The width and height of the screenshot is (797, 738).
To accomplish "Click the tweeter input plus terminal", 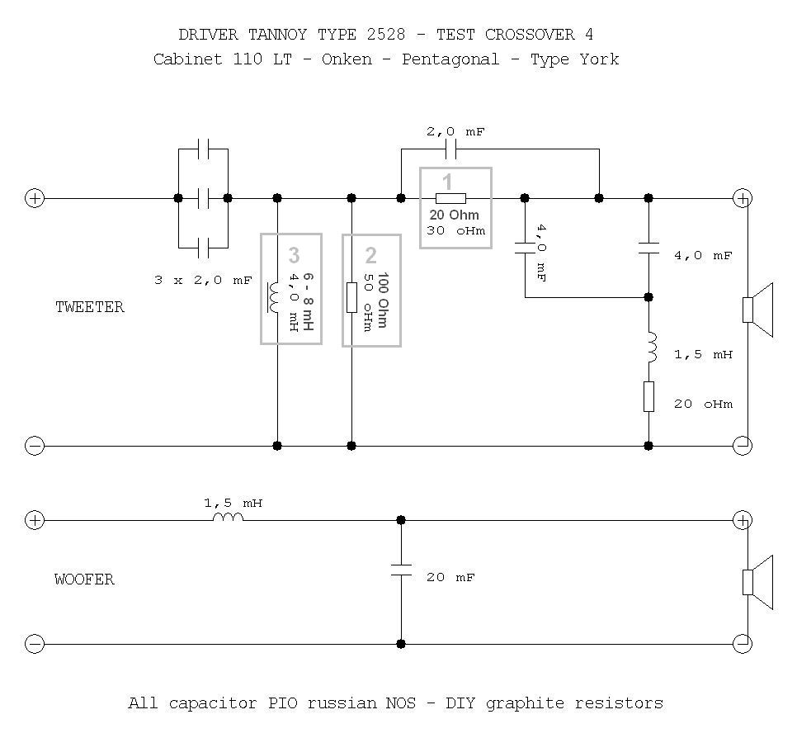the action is tap(35, 198).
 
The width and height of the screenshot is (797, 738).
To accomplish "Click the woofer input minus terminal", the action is tap(35, 644).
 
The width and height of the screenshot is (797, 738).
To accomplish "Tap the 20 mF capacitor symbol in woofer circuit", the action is tap(401, 570).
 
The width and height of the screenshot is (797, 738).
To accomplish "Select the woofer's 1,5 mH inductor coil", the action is tap(228, 518).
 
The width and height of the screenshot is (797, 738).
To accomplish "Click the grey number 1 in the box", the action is tap(447, 182).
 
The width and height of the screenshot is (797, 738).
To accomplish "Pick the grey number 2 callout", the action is tap(371, 255).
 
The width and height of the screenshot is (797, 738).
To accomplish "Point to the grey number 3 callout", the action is tap(294, 255).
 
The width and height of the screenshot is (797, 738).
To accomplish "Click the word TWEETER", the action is tap(90, 307).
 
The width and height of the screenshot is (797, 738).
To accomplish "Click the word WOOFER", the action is tap(84, 580).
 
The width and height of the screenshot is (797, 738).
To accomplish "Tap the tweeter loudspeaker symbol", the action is tap(757, 310).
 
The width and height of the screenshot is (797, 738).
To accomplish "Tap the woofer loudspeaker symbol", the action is tap(757, 582).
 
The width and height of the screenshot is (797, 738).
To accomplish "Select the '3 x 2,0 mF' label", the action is tap(203, 280).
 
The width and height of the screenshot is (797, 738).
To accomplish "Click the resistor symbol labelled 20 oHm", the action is tap(648, 396).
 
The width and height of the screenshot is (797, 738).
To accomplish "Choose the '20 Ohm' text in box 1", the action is tap(455, 215).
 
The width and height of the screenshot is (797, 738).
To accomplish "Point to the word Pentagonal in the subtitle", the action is tap(450, 60).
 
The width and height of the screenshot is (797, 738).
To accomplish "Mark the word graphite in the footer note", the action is tap(525, 704).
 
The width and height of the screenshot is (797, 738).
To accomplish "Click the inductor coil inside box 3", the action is tap(273, 297).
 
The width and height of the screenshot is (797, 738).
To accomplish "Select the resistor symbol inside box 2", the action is tap(351, 297).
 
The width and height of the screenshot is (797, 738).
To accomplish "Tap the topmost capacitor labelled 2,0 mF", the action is tap(450, 149).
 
